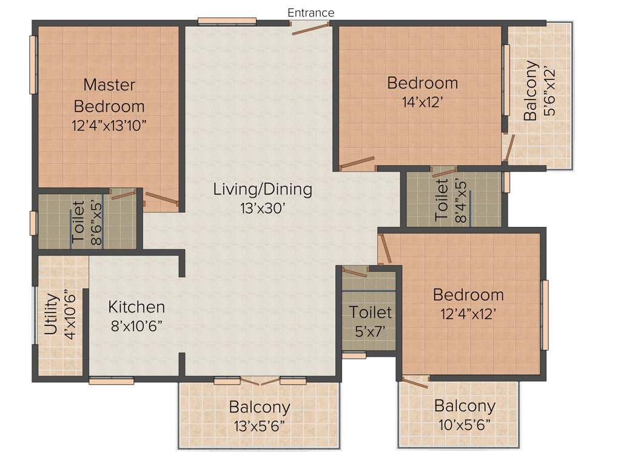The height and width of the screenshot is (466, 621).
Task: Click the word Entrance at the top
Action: pos(310,12)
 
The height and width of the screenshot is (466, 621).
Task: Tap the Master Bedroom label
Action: pos(109,95)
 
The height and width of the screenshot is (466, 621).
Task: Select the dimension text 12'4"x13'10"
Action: pos(109,126)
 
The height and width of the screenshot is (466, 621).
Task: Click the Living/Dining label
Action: pos(263,189)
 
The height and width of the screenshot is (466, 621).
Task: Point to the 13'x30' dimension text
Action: pos(263,208)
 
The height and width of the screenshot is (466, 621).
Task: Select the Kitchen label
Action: pos(136,306)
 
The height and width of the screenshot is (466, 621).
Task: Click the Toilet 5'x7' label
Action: pos(371,321)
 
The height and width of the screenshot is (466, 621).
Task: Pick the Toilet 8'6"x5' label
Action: pos(87,221)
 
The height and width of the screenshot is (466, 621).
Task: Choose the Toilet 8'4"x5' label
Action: pos(451,200)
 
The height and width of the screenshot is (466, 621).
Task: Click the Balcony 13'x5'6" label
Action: pos(259,415)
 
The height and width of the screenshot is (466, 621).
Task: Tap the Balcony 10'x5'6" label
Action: pos(465,414)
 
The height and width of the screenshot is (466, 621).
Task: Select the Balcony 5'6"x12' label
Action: pos(539,91)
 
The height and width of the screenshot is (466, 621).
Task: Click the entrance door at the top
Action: pos(310,25)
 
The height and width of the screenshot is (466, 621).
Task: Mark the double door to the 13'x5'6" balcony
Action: pos(259,382)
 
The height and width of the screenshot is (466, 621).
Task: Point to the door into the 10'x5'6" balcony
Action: pos(415,382)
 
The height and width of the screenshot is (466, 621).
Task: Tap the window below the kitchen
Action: pos(111,381)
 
